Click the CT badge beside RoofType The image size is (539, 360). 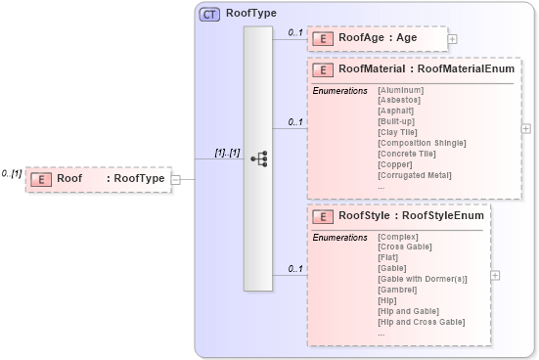[208, 15]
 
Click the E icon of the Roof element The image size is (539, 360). [41, 179]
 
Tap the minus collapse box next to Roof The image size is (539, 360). [175, 179]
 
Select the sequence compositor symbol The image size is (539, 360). [258, 157]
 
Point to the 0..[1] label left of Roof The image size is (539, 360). [12, 173]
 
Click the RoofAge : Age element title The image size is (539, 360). [378, 38]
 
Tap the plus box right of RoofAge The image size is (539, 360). [452, 39]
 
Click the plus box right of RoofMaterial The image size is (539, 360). [526, 128]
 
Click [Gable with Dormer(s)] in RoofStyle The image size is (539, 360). [422, 278]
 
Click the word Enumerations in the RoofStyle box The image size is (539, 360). [339, 237]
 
